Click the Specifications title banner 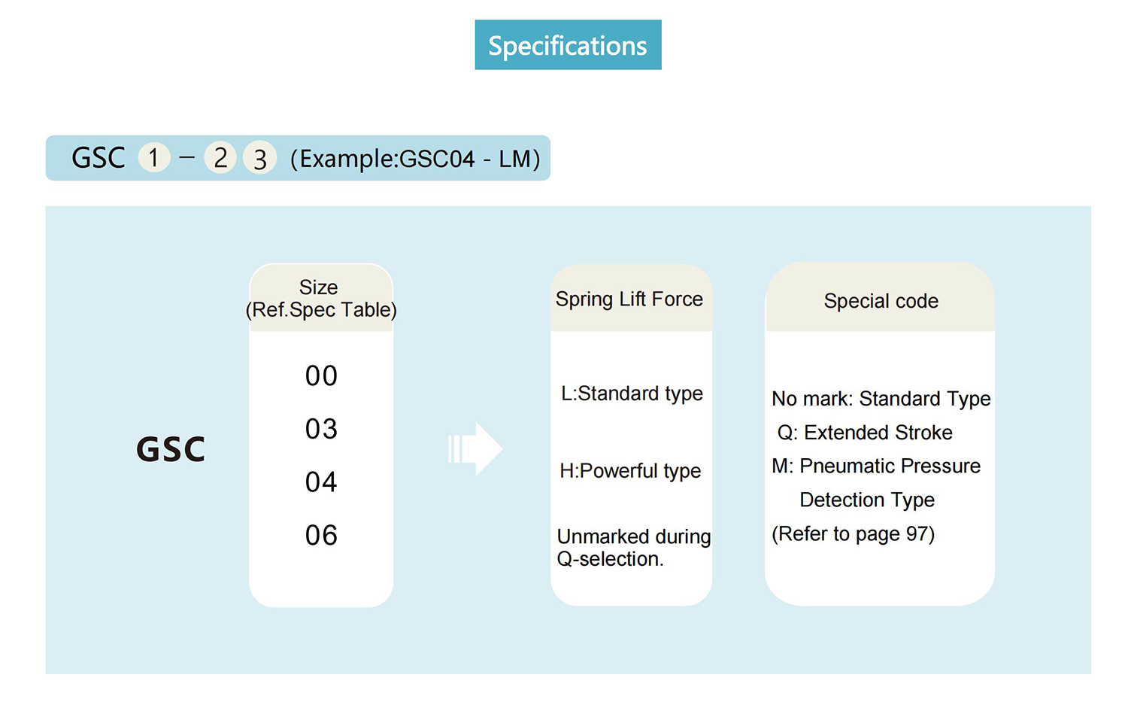coord(568,45)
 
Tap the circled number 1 coord(154,157)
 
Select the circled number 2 coord(220,158)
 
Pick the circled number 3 coord(259,158)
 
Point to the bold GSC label coord(171,449)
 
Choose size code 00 coord(321,376)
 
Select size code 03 coord(321,429)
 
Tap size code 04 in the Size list coord(321,482)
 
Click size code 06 coord(321,535)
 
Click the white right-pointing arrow coord(475,448)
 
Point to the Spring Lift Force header coord(629,299)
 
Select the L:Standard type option coord(632,394)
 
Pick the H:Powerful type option coord(630,471)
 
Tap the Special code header coord(881,301)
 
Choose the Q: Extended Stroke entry coord(865,433)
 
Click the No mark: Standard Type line coord(881,399)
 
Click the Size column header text coord(321,299)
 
